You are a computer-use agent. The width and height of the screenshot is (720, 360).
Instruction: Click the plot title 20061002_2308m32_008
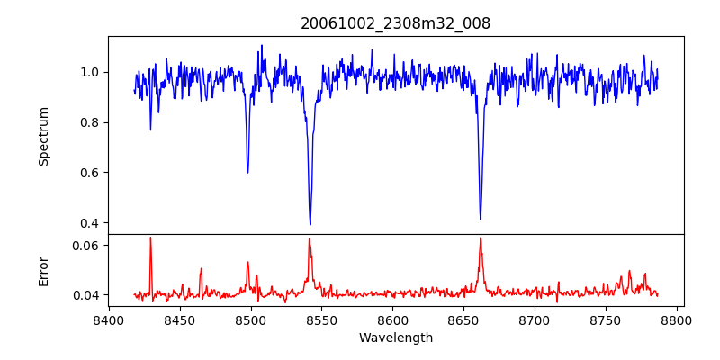pos(395,23)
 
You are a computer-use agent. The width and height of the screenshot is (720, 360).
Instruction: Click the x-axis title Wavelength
pos(395,337)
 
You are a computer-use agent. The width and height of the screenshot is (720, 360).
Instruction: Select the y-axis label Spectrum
pos(43,136)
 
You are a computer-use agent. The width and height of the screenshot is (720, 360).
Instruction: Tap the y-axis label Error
pos(43,270)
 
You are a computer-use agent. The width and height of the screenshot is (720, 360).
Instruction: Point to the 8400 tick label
pos(109,319)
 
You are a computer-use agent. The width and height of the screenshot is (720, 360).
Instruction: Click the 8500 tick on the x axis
pos(251,319)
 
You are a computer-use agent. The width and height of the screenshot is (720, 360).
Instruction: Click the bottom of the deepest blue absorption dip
pos(310,224)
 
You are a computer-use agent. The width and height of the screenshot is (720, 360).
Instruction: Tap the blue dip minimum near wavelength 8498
pos(247,172)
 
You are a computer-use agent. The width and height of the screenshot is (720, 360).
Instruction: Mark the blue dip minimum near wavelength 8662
pos(481,219)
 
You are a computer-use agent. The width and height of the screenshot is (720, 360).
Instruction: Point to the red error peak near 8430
pos(150,238)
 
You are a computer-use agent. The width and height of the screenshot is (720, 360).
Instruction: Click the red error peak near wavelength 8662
pos(481,238)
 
